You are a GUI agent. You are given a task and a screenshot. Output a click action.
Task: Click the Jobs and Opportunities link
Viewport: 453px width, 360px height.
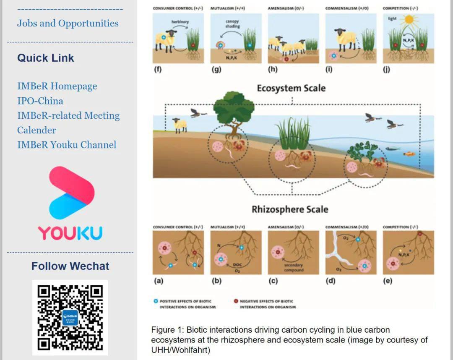[x=68, y=23]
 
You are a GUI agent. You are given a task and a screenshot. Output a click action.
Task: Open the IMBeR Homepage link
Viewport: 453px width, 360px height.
[x=57, y=86]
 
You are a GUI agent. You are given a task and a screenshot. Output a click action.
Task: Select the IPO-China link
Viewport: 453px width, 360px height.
[x=40, y=101]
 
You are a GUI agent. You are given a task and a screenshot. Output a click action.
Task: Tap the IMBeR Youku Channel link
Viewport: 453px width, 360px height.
[x=67, y=145]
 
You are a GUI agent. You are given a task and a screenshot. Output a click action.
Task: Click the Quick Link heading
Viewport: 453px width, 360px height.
[x=46, y=58]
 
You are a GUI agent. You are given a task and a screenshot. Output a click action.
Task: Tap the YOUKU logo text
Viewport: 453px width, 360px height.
[x=70, y=233]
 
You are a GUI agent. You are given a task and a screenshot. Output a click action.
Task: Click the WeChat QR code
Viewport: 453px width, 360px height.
[x=70, y=318]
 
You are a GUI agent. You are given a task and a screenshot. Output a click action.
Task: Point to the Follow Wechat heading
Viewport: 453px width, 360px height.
[x=70, y=266]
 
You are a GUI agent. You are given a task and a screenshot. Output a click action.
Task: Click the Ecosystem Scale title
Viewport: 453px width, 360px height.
[x=291, y=88]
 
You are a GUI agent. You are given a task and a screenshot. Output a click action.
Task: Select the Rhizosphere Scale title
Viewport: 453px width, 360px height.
[x=290, y=209]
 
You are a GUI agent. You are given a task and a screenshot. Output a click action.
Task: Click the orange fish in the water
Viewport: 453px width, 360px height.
[x=409, y=154]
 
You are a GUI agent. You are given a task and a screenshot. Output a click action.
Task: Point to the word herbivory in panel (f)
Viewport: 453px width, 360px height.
[x=180, y=21]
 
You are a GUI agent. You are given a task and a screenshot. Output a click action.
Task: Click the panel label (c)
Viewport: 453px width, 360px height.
[x=273, y=281]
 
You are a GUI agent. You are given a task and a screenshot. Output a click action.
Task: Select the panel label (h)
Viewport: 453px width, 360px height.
[x=273, y=70]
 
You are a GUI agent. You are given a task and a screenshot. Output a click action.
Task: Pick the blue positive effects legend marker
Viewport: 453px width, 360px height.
[x=156, y=301]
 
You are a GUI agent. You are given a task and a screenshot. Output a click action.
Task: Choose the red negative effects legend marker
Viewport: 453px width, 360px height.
[x=236, y=301]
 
